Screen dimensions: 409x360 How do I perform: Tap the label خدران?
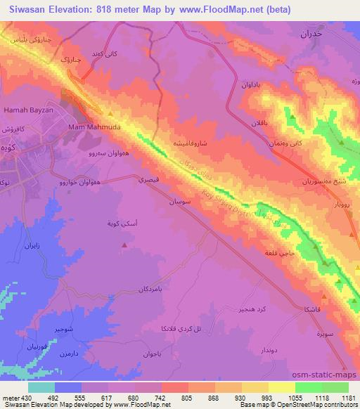309,34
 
